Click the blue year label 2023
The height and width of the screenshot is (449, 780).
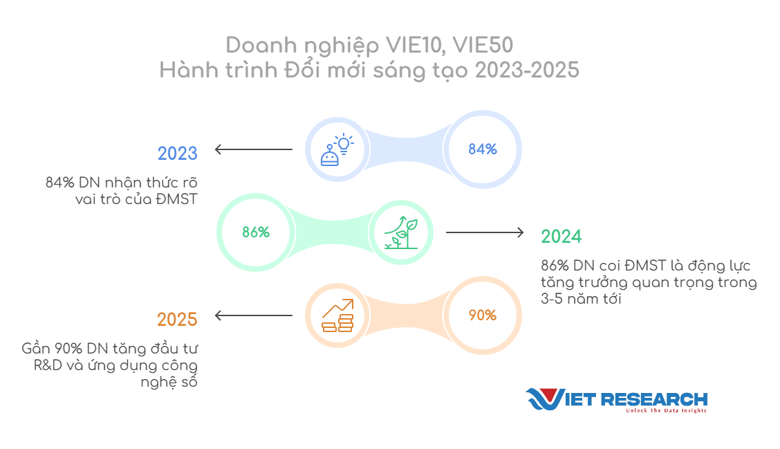point(178,154)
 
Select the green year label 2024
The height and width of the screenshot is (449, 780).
point(561,237)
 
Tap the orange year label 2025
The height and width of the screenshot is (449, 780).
point(177,320)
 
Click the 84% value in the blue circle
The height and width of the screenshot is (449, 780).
point(483,149)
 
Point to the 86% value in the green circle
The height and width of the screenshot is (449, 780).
point(256,232)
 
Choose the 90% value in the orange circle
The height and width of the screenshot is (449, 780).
point(483,315)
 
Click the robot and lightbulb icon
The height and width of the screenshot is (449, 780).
point(337,150)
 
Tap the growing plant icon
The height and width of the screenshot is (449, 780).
point(402,232)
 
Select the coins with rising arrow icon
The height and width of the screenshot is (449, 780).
point(337,315)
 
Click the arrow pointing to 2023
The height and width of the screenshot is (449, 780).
point(254,149)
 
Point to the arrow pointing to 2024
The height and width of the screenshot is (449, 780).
point(485,232)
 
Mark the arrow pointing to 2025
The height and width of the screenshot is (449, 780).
point(254,315)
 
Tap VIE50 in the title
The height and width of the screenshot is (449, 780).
point(483,45)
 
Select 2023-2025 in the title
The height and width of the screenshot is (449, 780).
point(528,70)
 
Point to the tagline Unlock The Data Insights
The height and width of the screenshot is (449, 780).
point(666,411)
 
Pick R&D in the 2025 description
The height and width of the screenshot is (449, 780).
point(48,365)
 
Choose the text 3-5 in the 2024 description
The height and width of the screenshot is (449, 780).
point(552,299)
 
